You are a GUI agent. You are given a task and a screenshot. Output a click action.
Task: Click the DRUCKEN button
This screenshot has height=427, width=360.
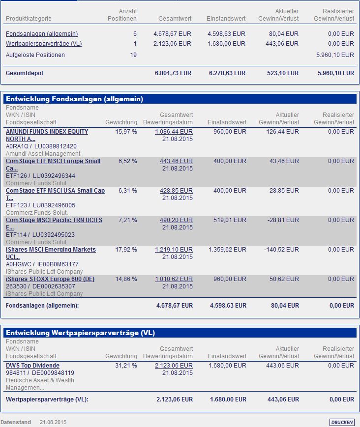click(342, 422)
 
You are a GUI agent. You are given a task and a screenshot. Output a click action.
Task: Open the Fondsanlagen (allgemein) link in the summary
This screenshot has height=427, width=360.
click(42, 34)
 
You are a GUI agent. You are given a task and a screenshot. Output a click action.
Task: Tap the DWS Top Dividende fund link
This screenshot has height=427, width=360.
click(32, 366)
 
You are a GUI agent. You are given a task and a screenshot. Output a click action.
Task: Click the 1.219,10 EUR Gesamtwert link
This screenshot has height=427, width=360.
click(174, 250)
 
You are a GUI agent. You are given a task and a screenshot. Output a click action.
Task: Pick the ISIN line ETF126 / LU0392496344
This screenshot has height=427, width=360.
click(40, 176)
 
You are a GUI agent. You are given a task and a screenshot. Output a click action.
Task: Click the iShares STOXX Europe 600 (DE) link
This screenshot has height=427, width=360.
click(50, 279)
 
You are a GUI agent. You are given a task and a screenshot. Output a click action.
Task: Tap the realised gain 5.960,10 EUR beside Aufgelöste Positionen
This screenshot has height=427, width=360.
click(335, 55)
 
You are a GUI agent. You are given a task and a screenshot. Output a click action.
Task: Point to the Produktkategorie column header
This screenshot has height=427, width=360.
click(29, 19)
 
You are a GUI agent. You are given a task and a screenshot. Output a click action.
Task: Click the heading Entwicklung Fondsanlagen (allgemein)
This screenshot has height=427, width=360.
click(74, 99)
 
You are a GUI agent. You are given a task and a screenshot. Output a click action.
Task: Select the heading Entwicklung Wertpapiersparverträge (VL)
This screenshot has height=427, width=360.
click(80, 333)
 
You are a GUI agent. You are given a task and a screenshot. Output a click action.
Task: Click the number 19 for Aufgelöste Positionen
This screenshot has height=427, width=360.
click(133, 55)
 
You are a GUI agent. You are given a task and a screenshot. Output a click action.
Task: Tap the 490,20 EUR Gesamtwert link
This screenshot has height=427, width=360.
click(176, 220)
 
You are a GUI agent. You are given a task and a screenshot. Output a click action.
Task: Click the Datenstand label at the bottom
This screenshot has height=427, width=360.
click(16, 422)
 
